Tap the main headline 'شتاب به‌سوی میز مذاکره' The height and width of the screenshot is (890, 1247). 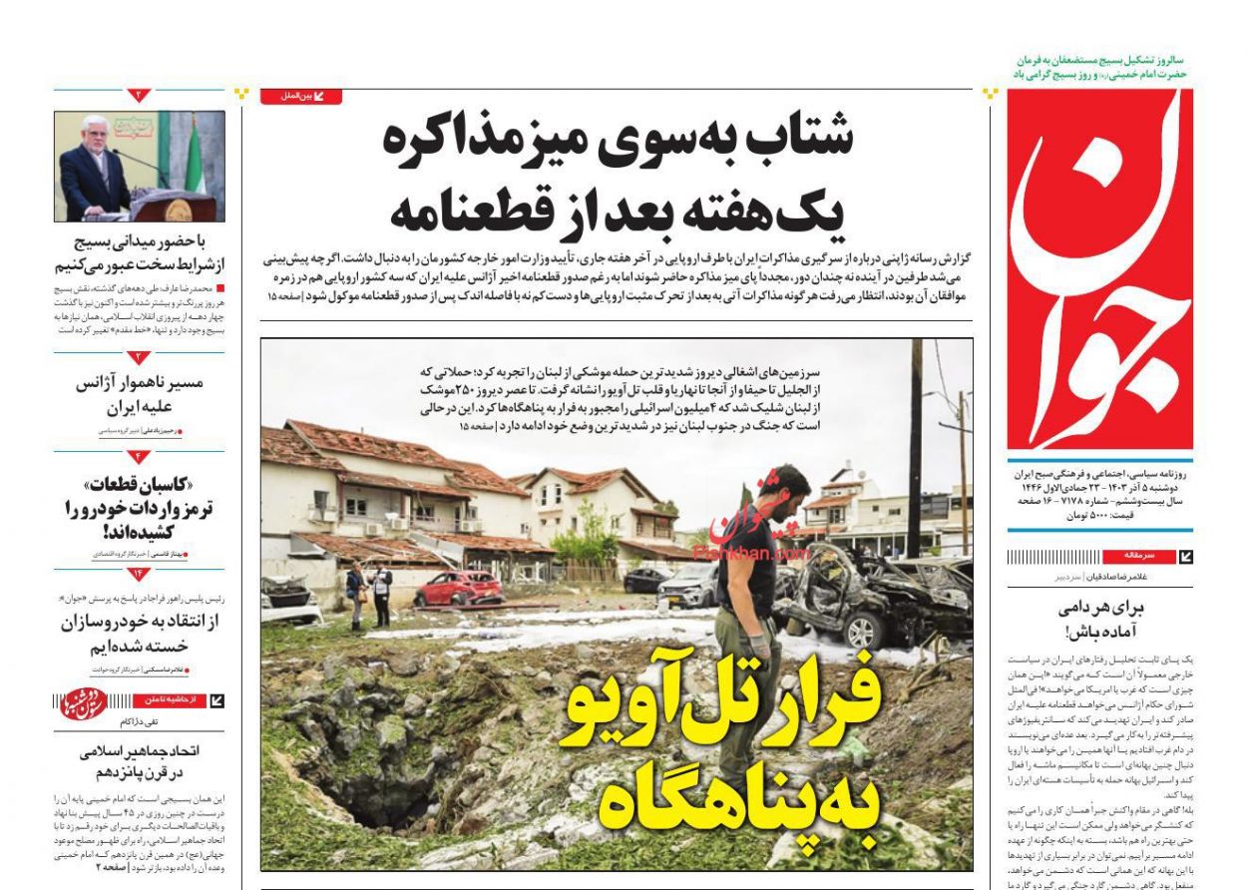point(619,140)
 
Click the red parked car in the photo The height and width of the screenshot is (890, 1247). point(459,589)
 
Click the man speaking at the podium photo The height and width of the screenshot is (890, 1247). point(139,166)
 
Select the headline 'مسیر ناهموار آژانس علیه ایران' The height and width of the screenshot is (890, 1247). point(139,394)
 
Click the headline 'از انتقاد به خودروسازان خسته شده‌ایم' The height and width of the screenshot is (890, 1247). point(139,634)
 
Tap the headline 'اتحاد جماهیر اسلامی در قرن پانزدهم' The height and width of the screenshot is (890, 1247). point(139,761)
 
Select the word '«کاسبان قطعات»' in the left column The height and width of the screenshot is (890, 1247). point(140,485)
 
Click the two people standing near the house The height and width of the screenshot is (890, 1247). point(368,593)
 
